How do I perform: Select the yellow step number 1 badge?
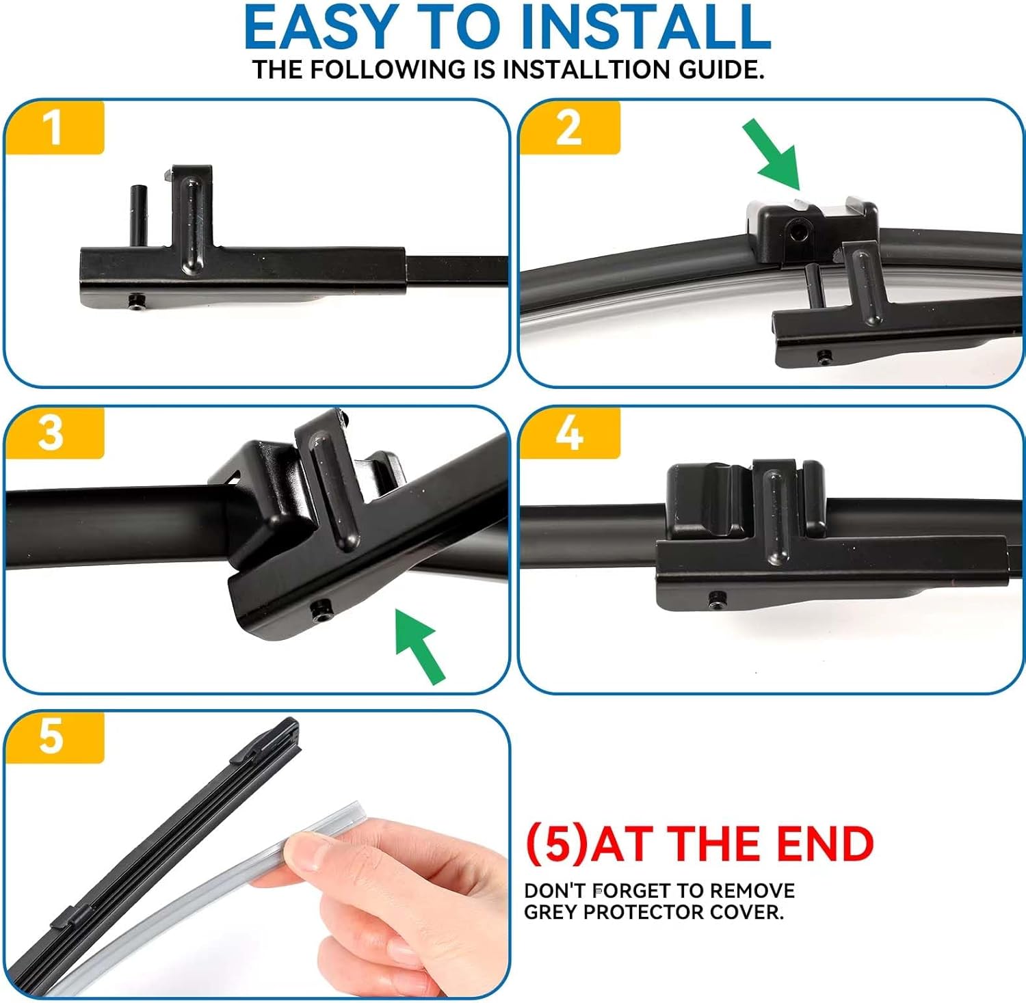55,127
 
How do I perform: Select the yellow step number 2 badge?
569,127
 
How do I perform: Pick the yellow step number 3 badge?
55,433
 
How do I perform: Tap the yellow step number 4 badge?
569,433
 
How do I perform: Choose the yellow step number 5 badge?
55,737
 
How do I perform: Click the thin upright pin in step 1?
137,215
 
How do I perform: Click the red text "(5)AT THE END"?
700,844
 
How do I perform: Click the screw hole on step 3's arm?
321,608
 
